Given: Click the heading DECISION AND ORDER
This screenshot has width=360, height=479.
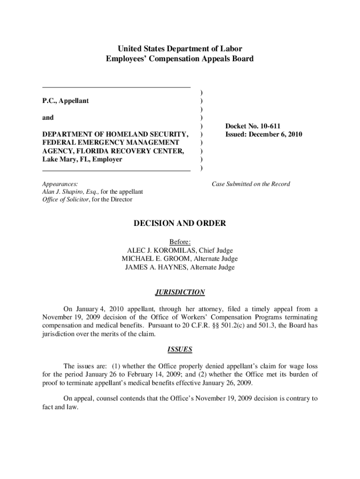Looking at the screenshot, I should (180, 224).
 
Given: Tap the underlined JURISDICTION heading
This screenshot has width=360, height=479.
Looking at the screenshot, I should (180, 292).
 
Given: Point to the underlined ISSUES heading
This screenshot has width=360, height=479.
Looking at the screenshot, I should (180, 349).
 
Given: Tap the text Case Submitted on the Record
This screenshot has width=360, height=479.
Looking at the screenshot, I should (251, 184).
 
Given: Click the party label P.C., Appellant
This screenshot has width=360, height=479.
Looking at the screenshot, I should (65, 101).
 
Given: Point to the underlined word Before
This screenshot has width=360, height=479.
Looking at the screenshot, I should (180, 242).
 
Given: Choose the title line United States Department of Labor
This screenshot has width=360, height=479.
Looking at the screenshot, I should (180, 49).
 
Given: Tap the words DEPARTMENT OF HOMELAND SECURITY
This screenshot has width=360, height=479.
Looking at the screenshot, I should (115, 135).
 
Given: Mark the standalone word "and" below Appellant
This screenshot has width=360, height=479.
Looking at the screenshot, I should (48, 118).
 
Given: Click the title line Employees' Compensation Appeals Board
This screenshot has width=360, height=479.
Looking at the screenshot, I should (180, 59).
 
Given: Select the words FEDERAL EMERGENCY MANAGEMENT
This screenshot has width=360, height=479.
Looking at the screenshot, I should (110, 143).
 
